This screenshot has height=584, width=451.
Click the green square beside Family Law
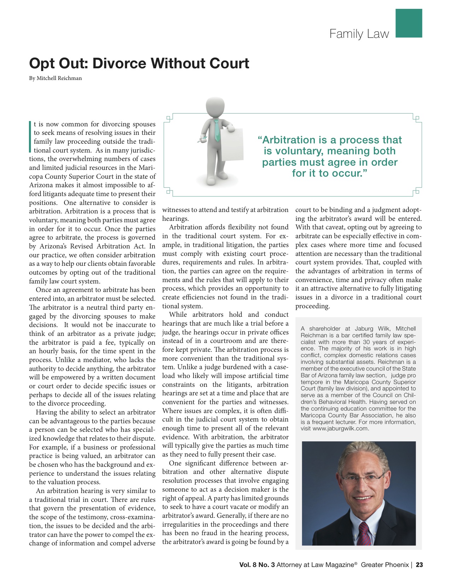point(409,23)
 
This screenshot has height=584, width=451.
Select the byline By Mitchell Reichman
point(55,78)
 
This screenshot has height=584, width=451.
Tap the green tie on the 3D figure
point(217,131)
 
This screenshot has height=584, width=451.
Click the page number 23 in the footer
point(419,565)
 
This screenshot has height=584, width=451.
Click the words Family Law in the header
point(359,34)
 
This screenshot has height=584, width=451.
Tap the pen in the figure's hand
point(202,139)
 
